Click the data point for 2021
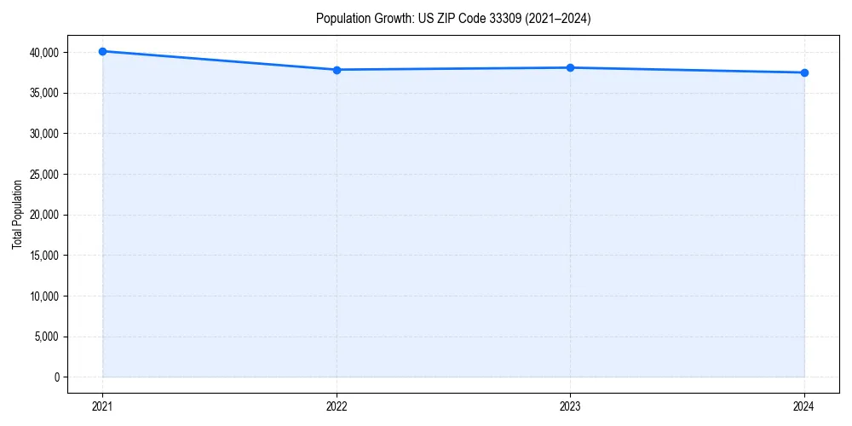point(102,51)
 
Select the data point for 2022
point(337,70)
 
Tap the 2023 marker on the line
point(570,67)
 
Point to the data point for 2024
point(804,72)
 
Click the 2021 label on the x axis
point(102,406)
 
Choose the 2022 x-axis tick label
point(337,406)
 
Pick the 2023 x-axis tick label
point(570,406)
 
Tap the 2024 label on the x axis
point(804,406)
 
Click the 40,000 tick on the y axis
point(43,53)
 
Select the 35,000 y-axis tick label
point(43,93)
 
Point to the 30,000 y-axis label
point(43,134)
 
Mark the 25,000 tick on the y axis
point(43,175)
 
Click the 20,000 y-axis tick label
point(43,215)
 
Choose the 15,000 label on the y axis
point(43,256)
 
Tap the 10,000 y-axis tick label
point(43,296)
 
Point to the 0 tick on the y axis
point(56,377)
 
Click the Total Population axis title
point(17,215)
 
